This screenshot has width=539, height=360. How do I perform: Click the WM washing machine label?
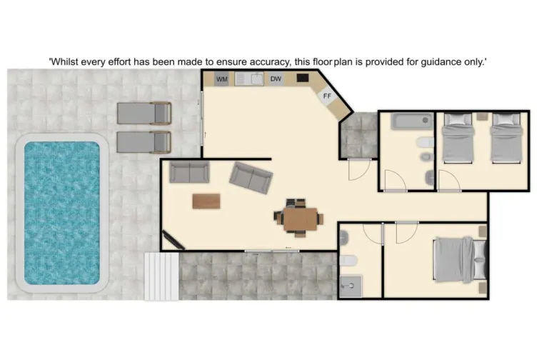tap(222, 79)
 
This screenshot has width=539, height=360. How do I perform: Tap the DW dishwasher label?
tap(276, 79)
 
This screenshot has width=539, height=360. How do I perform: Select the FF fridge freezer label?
tap(327, 96)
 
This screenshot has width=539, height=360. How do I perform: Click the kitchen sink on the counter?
tap(250, 79)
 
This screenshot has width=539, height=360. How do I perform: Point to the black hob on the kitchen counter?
tap(303, 78)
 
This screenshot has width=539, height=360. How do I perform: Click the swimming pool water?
tap(62, 211)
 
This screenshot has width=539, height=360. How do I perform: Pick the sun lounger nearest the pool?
tap(143, 141)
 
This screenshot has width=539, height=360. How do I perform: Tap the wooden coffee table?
tap(206, 201)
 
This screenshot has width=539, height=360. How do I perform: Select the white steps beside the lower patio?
tap(161, 275)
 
